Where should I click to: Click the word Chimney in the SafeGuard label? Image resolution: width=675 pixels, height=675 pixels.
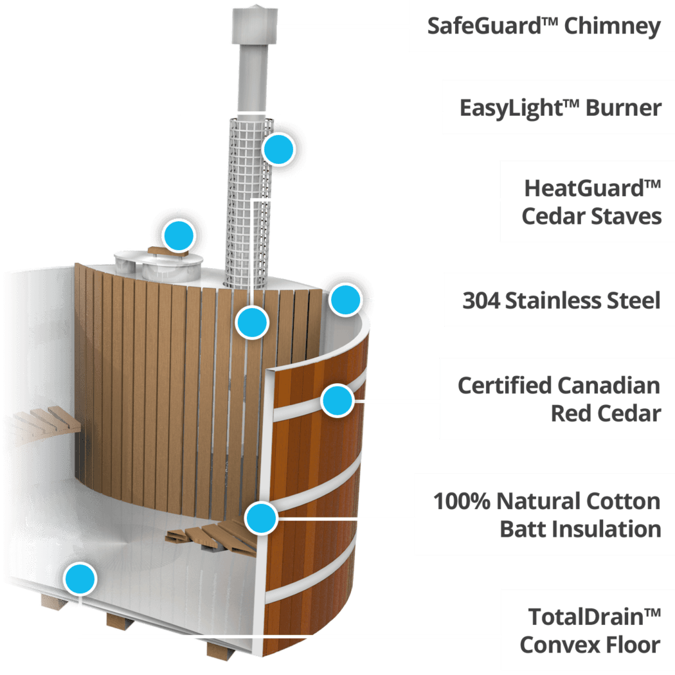click(x=612, y=27)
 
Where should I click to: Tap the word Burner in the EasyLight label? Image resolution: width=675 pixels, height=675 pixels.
click(x=624, y=107)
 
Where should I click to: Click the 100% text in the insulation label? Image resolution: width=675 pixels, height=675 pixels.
click(x=462, y=501)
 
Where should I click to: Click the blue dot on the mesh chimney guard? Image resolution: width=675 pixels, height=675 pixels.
click(x=279, y=149)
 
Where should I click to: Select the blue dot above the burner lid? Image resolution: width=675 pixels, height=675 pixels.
click(x=179, y=235)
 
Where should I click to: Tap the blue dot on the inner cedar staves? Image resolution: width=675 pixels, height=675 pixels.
click(x=252, y=323)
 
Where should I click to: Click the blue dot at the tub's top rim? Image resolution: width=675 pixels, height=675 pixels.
click(x=345, y=300)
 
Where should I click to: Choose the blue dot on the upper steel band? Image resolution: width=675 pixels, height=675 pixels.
click(x=338, y=401)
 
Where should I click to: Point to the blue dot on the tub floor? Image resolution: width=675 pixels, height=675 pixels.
click(x=80, y=579)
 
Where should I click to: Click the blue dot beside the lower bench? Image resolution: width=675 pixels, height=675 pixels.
click(x=261, y=518)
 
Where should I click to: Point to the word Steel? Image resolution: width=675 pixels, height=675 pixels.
click(x=634, y=300)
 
